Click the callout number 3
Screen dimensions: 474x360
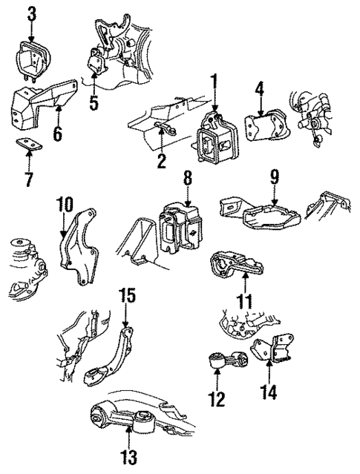tap(31, 13)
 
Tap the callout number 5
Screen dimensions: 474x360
tap(94, 104)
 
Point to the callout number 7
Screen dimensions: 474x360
tap(28, 180)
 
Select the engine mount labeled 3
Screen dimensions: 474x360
tap(31, 61)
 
